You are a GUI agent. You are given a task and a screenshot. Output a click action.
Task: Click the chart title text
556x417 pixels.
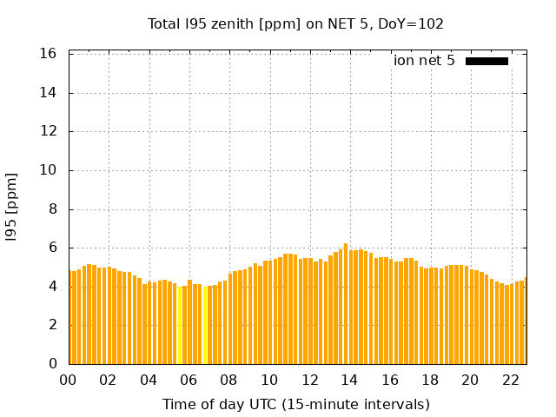[295, 23]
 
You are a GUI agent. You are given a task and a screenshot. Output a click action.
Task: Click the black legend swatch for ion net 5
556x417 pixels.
[486, 61]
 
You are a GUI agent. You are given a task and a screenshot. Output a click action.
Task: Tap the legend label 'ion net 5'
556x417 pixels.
[424, 61]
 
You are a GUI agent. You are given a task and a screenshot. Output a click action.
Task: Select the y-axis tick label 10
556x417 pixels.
[49, 170]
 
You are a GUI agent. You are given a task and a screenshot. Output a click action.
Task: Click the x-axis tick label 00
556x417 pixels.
[68, 381]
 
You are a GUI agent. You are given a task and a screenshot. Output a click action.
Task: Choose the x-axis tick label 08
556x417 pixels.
[228, 381]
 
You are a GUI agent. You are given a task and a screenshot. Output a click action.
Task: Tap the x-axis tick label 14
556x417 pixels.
[349, 381]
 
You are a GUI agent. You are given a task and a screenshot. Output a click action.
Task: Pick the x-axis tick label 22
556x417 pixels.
[510, 381]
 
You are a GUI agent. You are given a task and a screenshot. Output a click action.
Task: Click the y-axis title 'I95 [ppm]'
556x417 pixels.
[12, 207]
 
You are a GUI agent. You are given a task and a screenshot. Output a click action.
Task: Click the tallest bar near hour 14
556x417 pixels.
[346, 304]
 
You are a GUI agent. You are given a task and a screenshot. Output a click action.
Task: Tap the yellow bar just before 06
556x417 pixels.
[180, 325]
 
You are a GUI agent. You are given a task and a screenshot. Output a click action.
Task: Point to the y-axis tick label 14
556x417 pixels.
[49, 93]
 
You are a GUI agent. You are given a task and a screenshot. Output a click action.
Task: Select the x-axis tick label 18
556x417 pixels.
[430, 381]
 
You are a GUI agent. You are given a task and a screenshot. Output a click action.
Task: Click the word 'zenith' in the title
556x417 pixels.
[227, 23]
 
